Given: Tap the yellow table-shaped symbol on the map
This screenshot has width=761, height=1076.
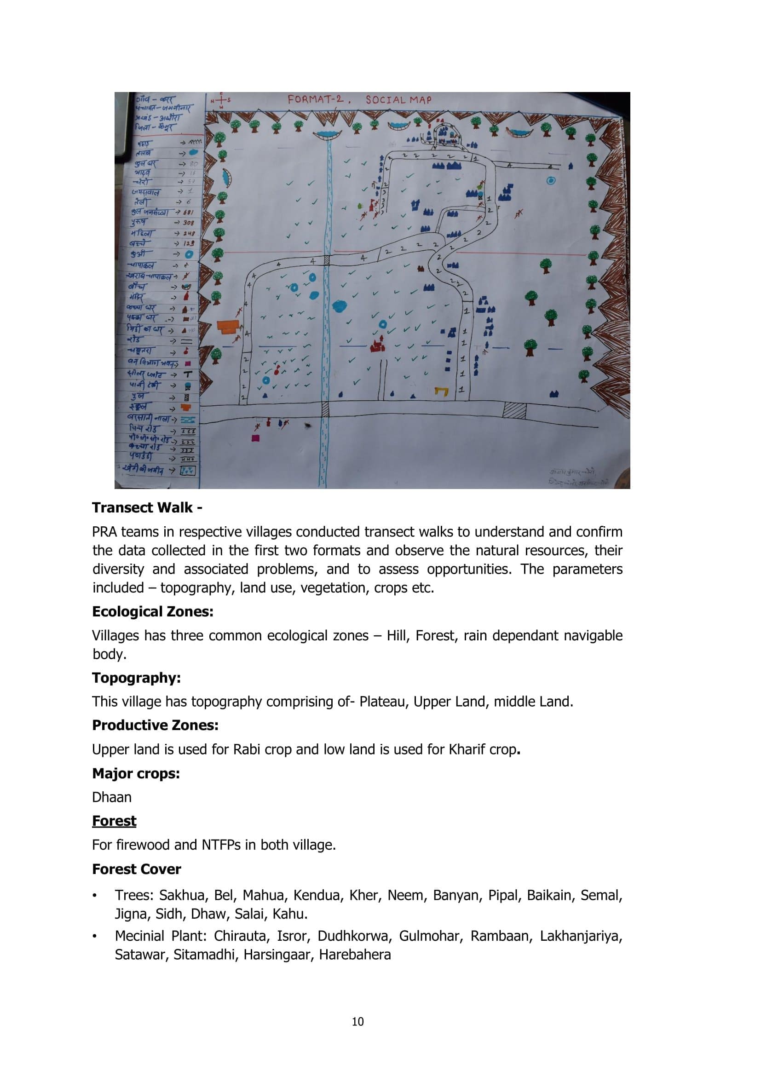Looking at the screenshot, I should (441, 391).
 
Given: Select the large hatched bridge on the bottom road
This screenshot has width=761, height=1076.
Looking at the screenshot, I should (514, 410).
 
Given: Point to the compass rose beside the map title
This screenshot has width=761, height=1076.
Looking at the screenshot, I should (222, 100).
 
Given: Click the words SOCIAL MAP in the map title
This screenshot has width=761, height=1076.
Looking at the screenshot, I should (398, 99).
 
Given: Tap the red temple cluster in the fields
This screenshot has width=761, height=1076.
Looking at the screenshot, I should (377, 345).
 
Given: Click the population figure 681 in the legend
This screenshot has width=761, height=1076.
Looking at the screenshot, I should (187, 212).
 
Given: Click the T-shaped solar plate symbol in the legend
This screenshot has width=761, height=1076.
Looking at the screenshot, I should (188, 374).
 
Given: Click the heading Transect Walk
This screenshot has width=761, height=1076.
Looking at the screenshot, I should (147, 507).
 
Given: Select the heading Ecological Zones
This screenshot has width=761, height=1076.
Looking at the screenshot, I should (153, 611).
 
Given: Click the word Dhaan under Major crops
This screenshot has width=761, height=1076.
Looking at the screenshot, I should (111, 797).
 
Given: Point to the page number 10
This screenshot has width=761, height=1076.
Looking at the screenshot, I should (357, 1022).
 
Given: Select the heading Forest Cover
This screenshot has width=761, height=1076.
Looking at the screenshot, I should (136, 869).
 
